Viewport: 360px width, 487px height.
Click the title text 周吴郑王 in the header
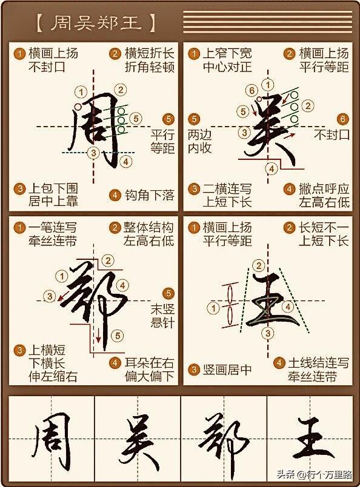tap(96, 23)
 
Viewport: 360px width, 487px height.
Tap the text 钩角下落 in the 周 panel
tap(150, 196)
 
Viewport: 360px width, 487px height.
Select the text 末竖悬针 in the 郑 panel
tap(162, 316)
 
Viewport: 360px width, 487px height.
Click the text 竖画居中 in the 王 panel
tap(227, 369)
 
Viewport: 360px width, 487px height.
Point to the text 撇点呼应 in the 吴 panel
tap(324, 189)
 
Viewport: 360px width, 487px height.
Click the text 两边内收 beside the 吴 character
tap(199, 141)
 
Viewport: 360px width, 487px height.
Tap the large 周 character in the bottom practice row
tap(52, 442)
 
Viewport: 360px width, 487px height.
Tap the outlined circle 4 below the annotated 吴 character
tap(272, 168)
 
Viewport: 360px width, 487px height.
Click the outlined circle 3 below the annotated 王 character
tap(268, 334)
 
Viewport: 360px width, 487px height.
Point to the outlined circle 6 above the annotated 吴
tap(252, 90)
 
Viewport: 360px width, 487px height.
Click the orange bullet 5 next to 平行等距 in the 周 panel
tap(168, 119)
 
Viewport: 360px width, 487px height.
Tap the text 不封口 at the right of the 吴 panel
tap(332, 134)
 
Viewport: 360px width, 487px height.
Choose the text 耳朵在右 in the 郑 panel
tap(150, 362)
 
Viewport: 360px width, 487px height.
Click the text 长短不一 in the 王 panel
tap(324, 228)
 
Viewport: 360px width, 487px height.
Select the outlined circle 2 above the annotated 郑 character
tap(108, 260)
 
